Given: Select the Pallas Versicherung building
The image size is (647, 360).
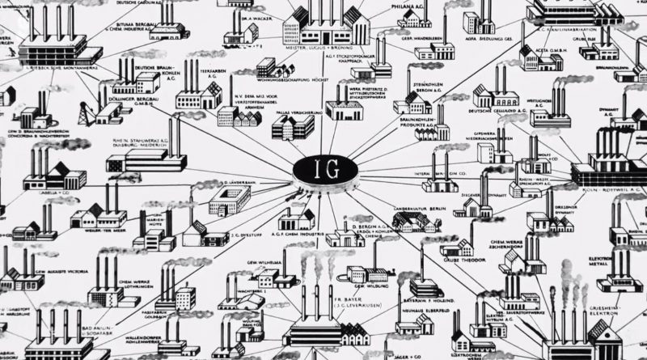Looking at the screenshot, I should click(293, 125).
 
